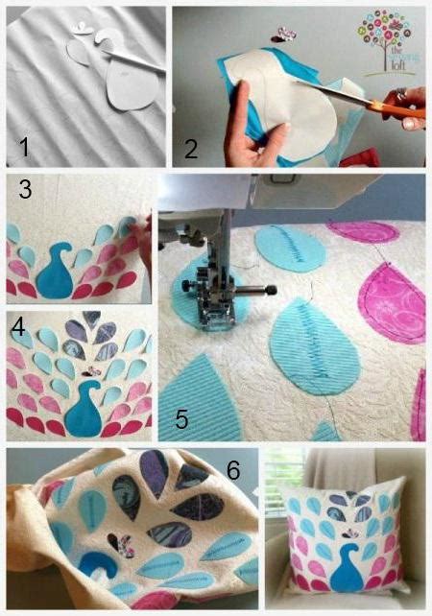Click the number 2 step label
(191, 147)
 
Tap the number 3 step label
(25, 190)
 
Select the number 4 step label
(18, 326)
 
